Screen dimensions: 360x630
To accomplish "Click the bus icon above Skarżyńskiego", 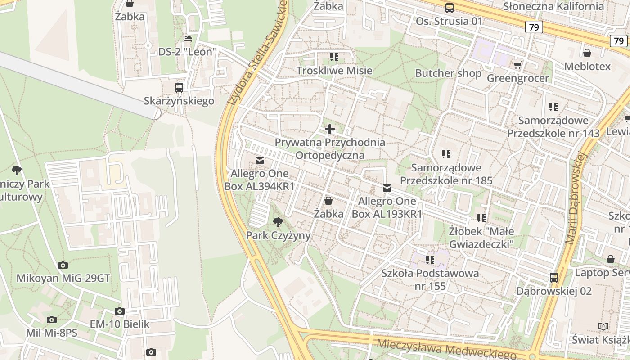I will pos(179,87).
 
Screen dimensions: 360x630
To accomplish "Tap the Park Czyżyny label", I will pos(278,235).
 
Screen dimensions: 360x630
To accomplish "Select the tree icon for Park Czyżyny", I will pos(278,221).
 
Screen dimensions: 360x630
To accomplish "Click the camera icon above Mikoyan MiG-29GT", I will pos(63,265).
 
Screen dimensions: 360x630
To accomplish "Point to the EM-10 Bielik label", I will pos(120,324).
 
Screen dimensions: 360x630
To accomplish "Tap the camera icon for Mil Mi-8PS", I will pos(52,319).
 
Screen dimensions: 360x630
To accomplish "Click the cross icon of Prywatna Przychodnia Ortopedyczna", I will pos(330,130).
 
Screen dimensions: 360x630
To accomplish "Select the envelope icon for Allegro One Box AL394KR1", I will pos(260,161).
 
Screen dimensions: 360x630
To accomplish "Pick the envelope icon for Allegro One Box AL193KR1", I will pos(387,188).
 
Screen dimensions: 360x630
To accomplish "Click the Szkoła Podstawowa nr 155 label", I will pos(430,279).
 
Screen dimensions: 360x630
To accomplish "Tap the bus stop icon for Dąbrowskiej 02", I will pos(554,278).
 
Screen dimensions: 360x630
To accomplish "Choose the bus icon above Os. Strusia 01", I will pos(449,8).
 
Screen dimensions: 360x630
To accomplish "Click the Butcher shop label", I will pos(448,73).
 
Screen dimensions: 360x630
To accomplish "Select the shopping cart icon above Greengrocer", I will pos(518,65).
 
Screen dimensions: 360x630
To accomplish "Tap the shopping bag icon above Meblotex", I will pos(587,54).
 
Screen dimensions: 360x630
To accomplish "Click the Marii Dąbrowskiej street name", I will pos(576,198).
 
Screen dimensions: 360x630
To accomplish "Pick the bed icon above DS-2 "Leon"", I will pos(188,39).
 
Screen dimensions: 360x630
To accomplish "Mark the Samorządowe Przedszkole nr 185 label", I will pos(446,174).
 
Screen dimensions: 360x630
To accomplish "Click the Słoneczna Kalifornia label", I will pos(553,6).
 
